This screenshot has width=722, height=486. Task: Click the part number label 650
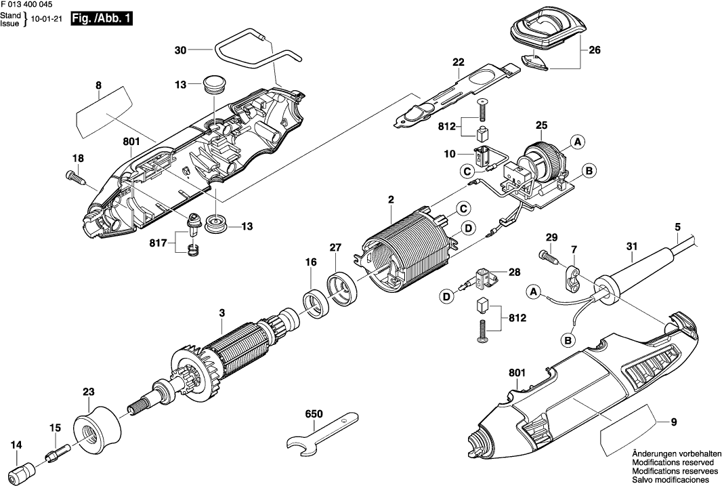coord(314,413)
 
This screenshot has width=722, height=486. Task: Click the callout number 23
coord(89,392)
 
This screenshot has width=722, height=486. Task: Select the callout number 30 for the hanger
coord(179,49)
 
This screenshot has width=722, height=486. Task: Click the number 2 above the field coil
coord(391,199)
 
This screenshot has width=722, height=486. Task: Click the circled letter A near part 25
coord(576,142)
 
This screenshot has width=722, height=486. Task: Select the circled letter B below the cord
coord(566,339)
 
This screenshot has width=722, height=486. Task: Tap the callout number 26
coord(595,50)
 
